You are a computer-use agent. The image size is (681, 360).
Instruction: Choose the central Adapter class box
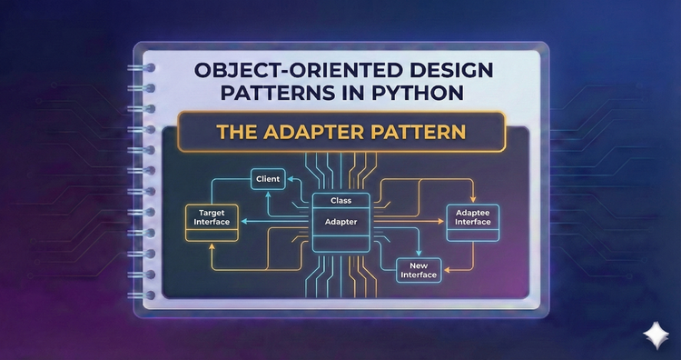click(340, 221)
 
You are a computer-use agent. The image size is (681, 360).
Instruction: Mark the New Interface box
click(419, 269)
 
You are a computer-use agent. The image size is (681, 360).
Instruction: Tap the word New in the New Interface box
click(419, 264)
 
